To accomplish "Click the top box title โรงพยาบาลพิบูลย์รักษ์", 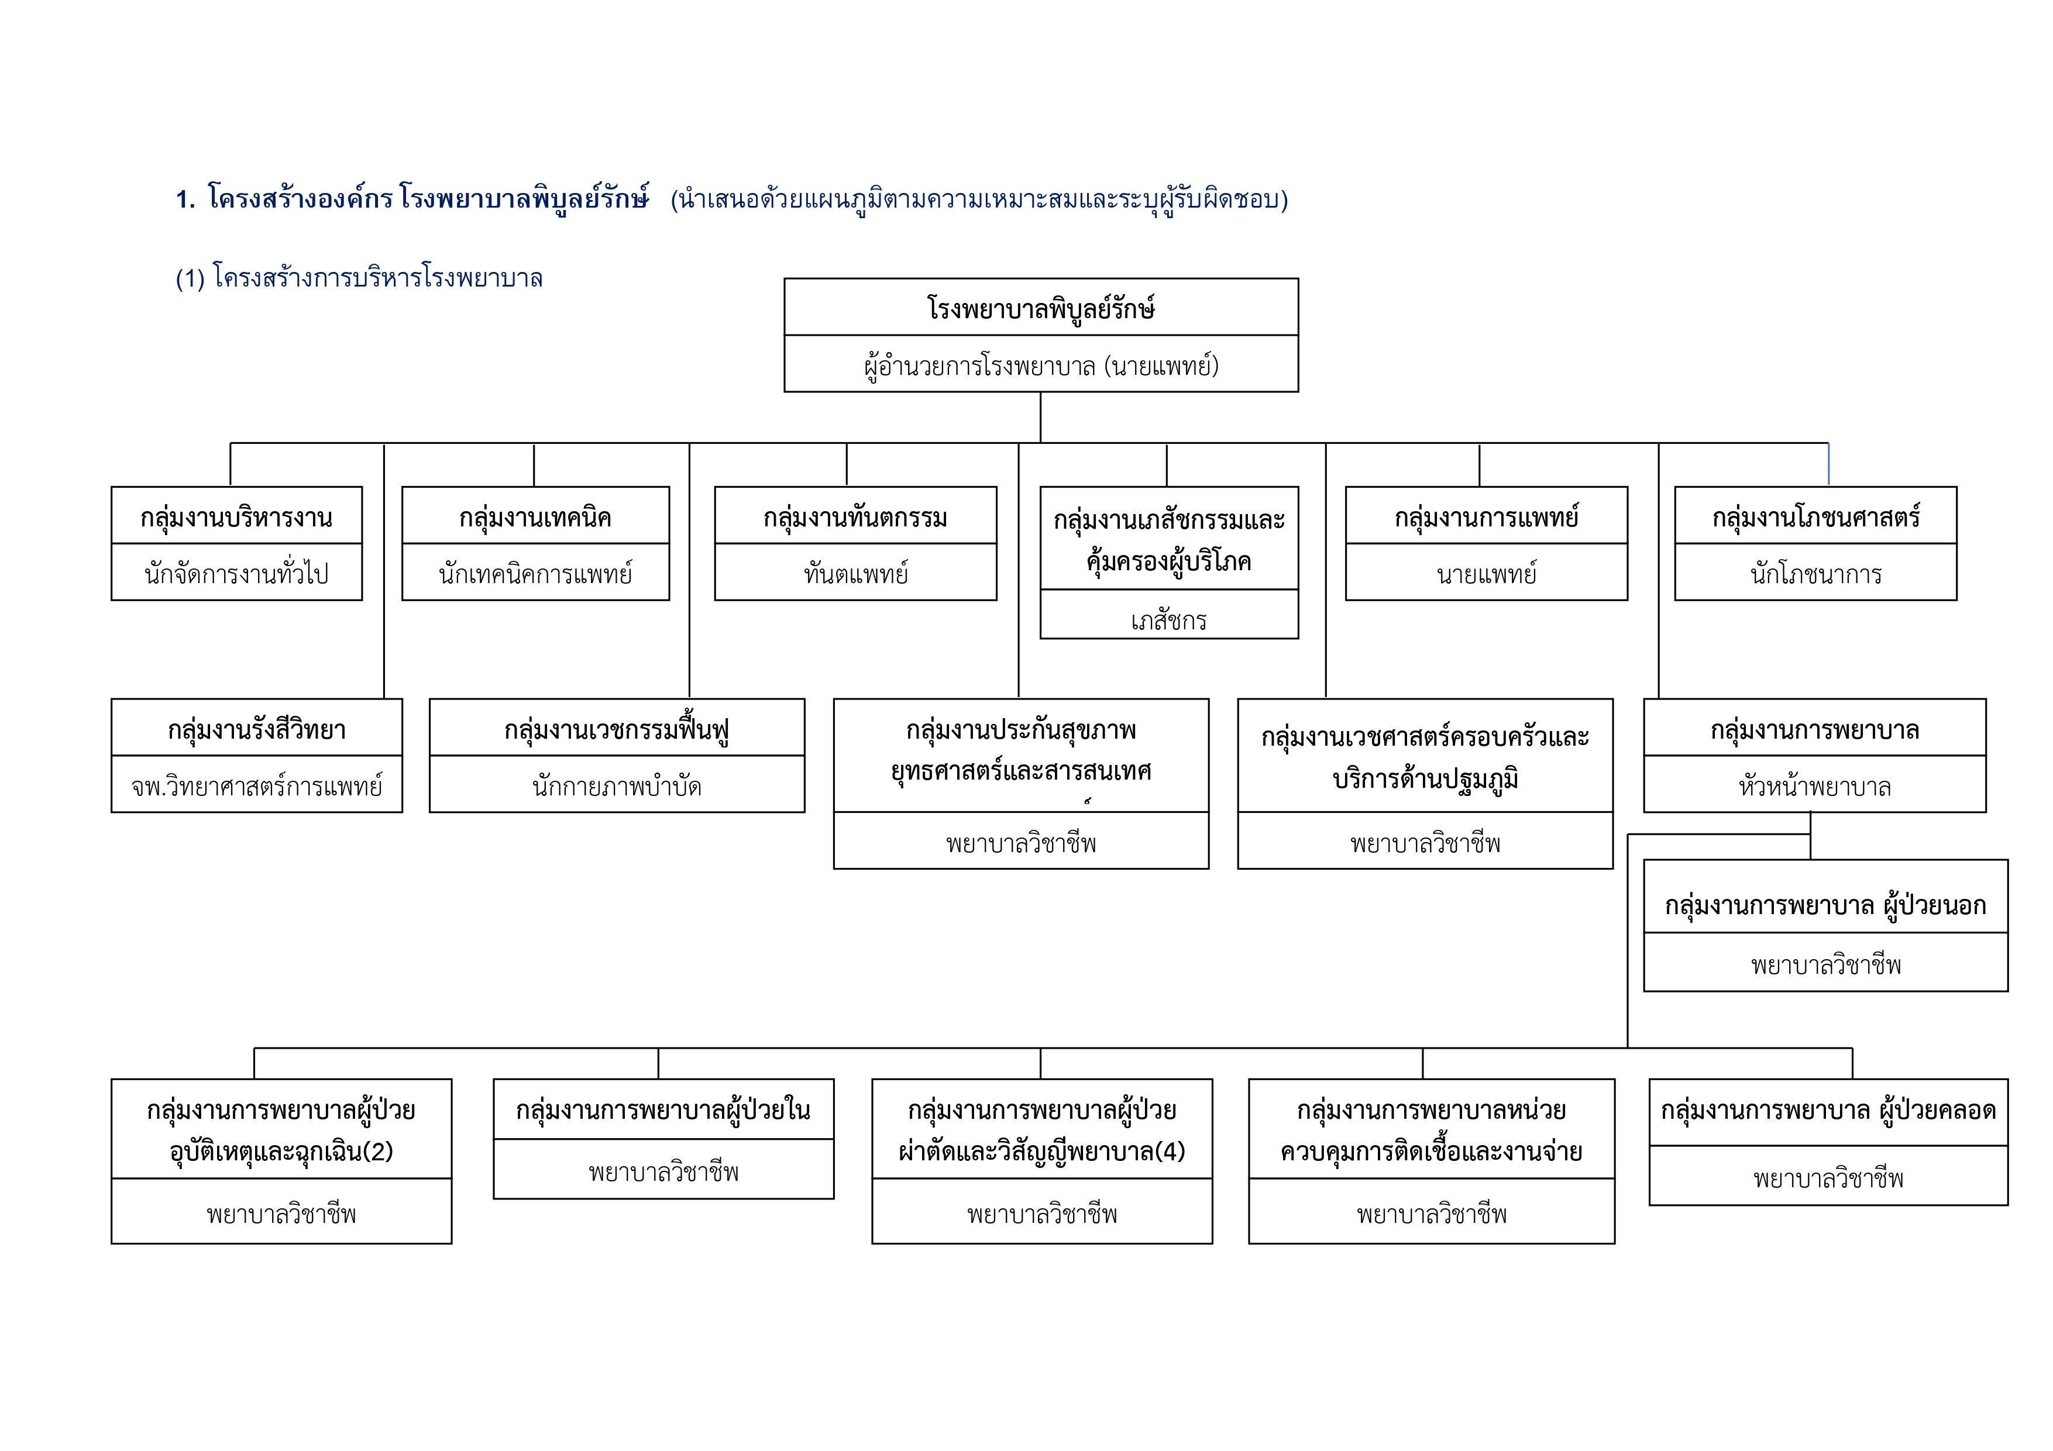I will [1041, 308].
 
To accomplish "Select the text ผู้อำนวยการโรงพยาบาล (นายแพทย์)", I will [1041, 365].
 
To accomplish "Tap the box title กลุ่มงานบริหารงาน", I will [236, 517].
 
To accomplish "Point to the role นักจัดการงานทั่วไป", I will [236, 573].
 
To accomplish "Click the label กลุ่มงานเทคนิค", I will [535, 517].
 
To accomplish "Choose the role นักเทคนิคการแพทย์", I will [535, 573].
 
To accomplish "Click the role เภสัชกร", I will [1169, 619].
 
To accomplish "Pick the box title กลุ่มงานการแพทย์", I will [1486, 517].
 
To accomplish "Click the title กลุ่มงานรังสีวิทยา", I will [257, 729].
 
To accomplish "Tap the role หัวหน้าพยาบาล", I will [1814, 787].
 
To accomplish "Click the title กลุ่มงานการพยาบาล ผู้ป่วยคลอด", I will [1828, 1109].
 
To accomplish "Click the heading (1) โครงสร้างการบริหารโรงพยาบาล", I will [359, 278].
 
